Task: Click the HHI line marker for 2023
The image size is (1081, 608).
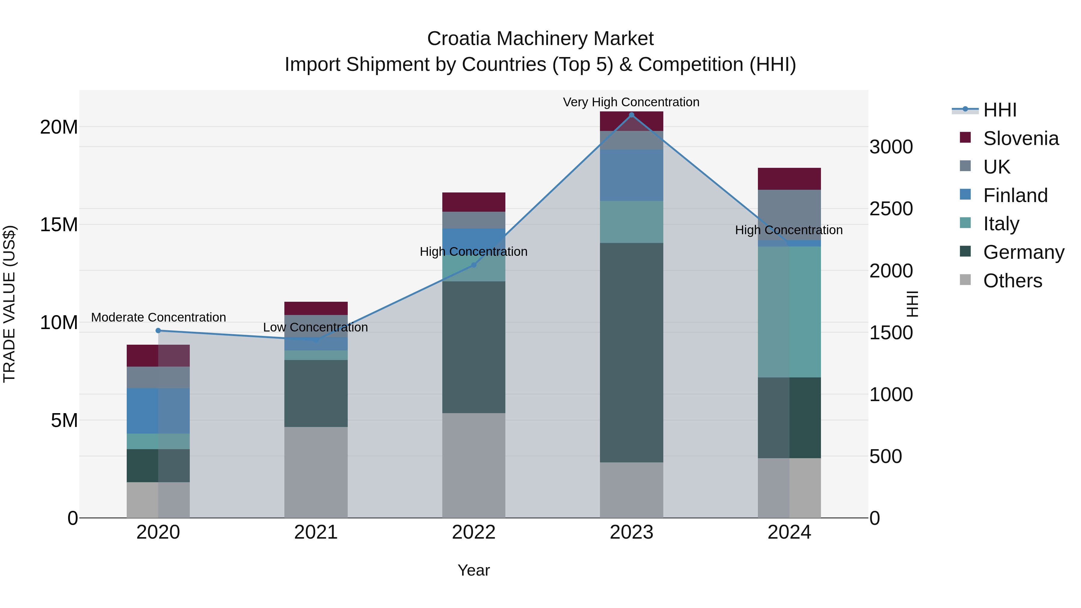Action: [x=631, y=115]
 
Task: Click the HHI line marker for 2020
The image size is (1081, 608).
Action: [x=158, y=331]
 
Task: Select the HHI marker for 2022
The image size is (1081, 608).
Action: [x=474, y=265]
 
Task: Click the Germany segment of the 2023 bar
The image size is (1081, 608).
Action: [x=631, y=352]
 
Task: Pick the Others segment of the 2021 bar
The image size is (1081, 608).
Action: [x=316, y=472]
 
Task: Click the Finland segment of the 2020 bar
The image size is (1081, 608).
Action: [x=158, y=411]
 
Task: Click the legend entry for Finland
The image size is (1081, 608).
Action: [x=1015, y=195]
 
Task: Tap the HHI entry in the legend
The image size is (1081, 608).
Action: [x=1000, y=110]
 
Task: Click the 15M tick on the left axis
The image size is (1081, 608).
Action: [x=59, y=225]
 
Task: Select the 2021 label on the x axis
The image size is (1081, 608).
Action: [x=316, y=532]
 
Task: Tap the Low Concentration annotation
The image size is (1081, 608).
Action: [x=315, y=327]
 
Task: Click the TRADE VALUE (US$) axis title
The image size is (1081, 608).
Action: [x=9, y=304]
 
